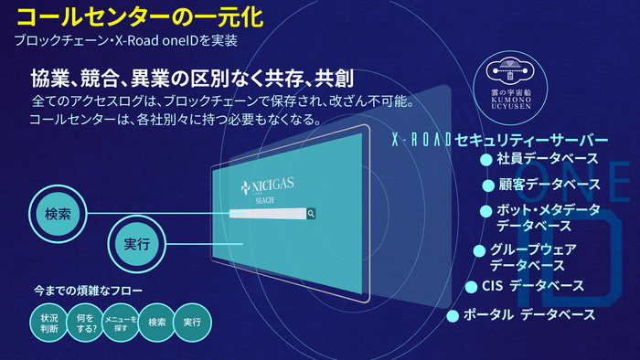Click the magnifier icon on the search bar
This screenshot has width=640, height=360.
[x=312, y=214]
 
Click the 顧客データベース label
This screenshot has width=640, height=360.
[x=549, y=185]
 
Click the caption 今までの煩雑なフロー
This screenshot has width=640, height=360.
[x=88, y=291]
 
